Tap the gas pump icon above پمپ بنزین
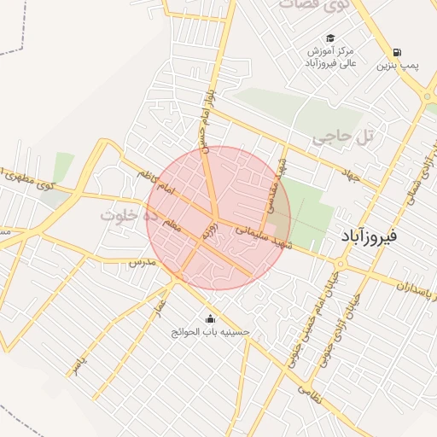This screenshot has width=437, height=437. (x=398, y=52)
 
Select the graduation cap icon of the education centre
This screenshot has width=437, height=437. (x=330, y=38)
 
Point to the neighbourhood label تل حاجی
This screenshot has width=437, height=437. (x=343, y=137)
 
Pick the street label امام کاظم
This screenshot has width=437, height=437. (x=154, y=182)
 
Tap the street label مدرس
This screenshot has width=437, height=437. (x=139, y=265)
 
